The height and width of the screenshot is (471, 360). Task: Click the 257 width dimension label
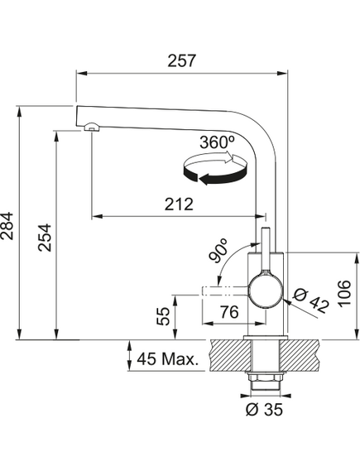coord(181,60)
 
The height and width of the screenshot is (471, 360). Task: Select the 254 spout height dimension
coord(45,238)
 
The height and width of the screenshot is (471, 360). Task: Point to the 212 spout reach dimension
coord(179,204)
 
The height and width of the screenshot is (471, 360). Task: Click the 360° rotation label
coord(217,142)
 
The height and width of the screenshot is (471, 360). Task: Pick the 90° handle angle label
coord(218,251)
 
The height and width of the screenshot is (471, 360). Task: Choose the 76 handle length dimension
coord(228,312)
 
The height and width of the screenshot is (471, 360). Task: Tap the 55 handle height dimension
coord(164,316)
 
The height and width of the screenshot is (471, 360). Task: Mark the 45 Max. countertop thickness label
coord(167,358)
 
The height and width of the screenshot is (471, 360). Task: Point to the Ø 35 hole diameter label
coord(264,409)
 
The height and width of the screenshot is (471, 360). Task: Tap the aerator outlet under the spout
coord(91,127)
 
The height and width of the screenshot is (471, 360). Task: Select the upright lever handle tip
coord(266,231)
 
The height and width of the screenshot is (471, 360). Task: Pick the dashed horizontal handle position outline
coord(225,291)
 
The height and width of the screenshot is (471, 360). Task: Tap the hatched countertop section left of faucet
coord(230,355)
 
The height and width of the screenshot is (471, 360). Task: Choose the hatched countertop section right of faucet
coord(299,355)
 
